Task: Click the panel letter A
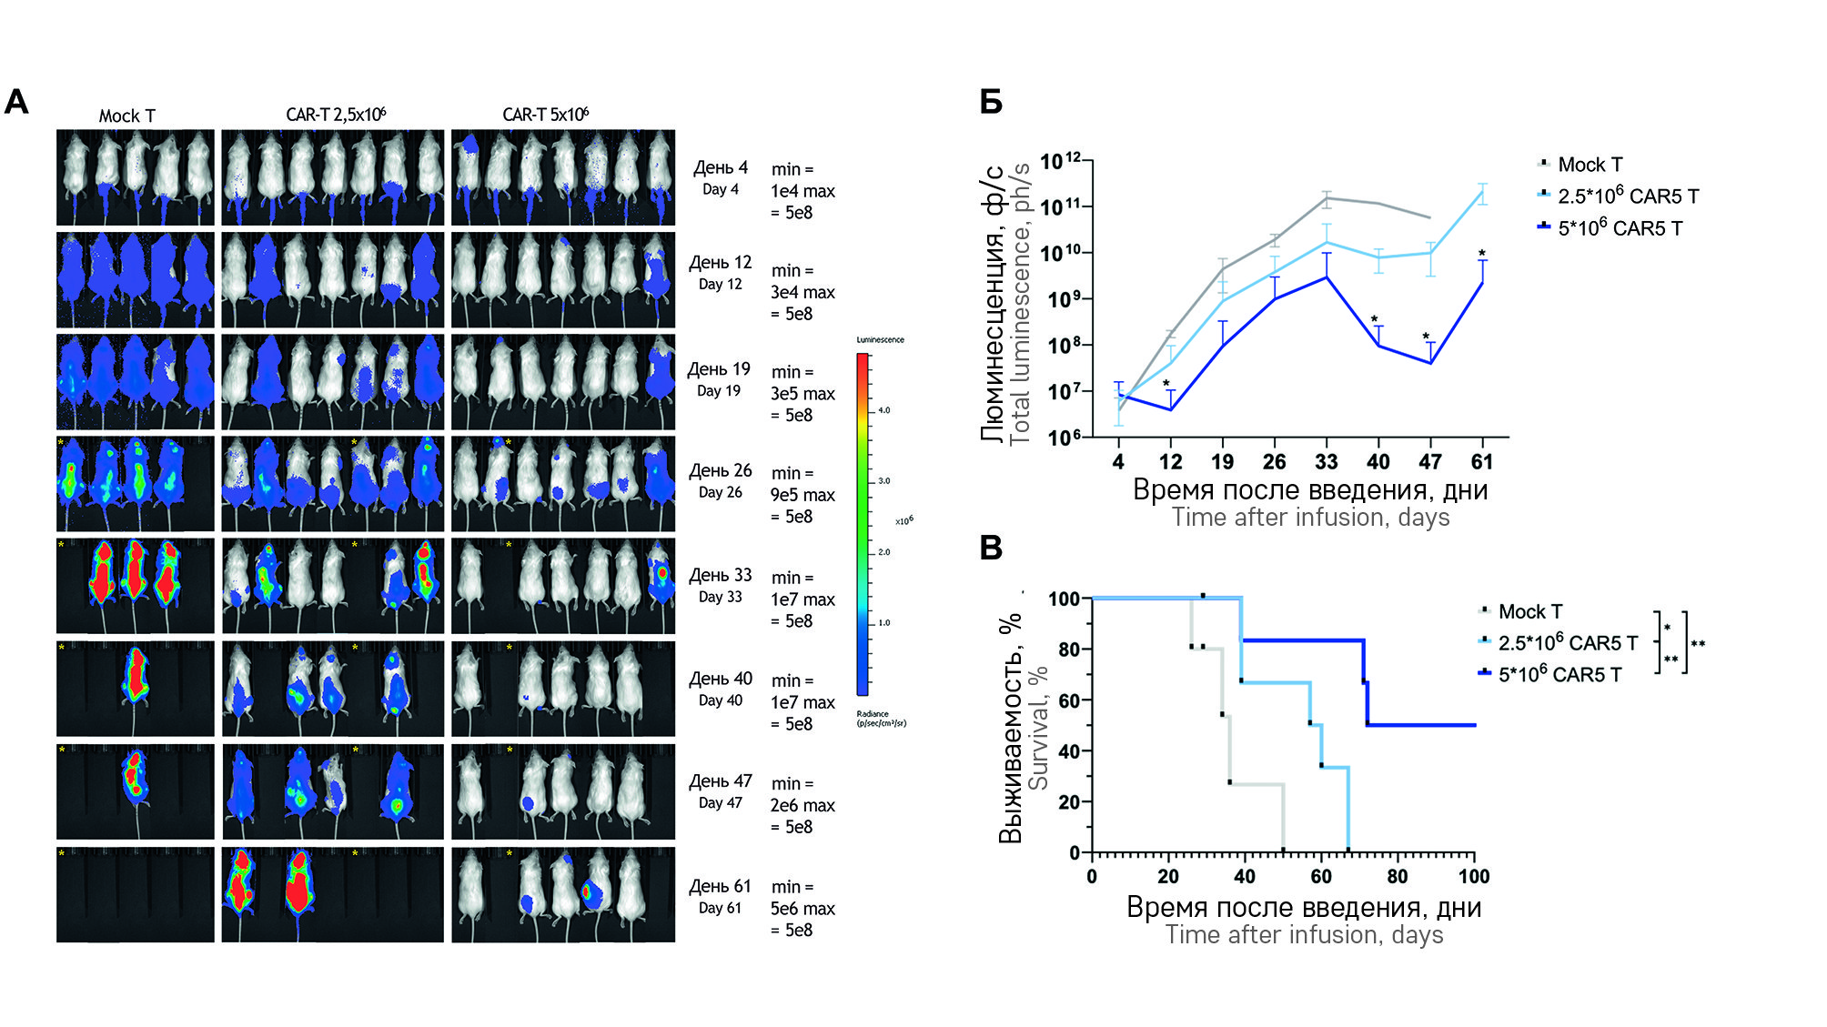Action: (x=16, y=102)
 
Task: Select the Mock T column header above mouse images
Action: (x=126, y=116)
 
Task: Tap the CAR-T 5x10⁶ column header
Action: (x=545, y=115)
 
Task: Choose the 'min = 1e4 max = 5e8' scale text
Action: (x=802, y=191)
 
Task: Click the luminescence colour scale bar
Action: (x=862, y=524)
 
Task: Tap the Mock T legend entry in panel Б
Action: (x=1589, y=165)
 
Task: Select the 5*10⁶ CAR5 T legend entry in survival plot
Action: (x=1559, y=675)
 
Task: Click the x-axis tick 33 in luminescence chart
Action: (x=1326, y=462)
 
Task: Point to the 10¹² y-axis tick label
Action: (x=1061, y=162)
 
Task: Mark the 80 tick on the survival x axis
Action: (x=1397, y=877)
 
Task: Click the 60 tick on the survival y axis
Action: (x=1069, y=700)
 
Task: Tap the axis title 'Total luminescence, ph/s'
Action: (x=1020, y=303)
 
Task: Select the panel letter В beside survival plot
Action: (x=991, y=548)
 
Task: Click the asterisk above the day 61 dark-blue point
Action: (x=1482, y=254)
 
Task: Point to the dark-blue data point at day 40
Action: (x=1378, y=346)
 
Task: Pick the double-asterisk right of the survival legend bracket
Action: (x=1698, y=644)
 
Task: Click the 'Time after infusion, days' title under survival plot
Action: (x=1304, y=935)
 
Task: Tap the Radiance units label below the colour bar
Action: (x=880, y=719)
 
